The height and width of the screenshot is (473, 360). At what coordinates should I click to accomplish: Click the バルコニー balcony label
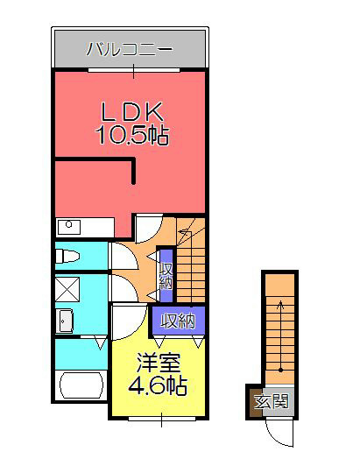(130, 49)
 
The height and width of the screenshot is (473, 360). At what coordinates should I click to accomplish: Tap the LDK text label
(132, 112)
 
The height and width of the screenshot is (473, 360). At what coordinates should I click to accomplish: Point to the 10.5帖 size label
(132, 135)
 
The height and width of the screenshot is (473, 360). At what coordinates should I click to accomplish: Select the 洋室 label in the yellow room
(159, 363)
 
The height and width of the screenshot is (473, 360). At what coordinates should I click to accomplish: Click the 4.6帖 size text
(157, 385)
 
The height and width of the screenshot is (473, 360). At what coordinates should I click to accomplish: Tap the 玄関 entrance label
(272, 401)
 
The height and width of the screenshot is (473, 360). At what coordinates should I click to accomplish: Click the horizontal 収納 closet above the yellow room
(179, 321)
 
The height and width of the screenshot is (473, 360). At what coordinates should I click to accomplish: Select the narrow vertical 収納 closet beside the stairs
(166, 276)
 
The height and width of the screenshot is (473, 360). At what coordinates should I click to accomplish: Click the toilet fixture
(67, 256)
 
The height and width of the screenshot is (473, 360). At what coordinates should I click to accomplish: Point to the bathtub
(81, 385)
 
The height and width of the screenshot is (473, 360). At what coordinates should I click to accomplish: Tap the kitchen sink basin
(69, 227)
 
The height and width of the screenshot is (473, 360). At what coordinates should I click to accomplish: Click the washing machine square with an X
(67, 289)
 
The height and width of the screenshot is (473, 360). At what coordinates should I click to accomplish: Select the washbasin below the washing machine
(65, 321)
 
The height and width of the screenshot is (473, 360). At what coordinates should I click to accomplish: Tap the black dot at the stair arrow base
(280, 370)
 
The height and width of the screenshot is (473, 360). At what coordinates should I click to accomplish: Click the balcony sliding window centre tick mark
(134, 71)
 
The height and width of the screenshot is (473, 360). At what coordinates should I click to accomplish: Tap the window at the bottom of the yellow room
(162, 419)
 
